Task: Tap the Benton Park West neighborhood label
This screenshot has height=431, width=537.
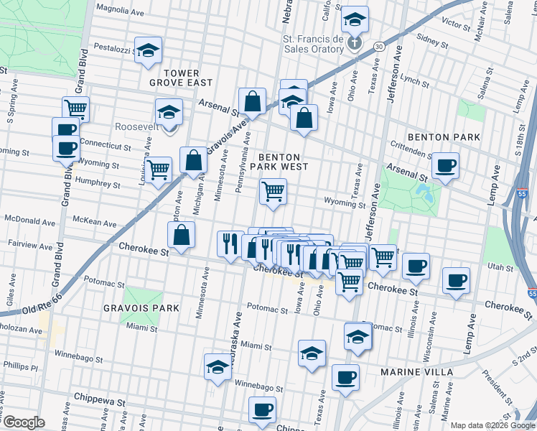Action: point(283,162)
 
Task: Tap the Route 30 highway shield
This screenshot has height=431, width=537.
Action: point(378,46)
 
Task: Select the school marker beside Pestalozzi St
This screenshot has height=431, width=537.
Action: point(149,50)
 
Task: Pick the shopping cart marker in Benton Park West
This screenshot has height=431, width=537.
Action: point(273,192)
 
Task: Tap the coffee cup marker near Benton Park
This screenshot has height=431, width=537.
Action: point(445,167)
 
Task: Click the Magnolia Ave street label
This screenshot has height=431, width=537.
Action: point(121,11)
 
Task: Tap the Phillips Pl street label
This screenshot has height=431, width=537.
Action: point(19,367)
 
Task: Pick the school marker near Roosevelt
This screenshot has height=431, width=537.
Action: point(169,112)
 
